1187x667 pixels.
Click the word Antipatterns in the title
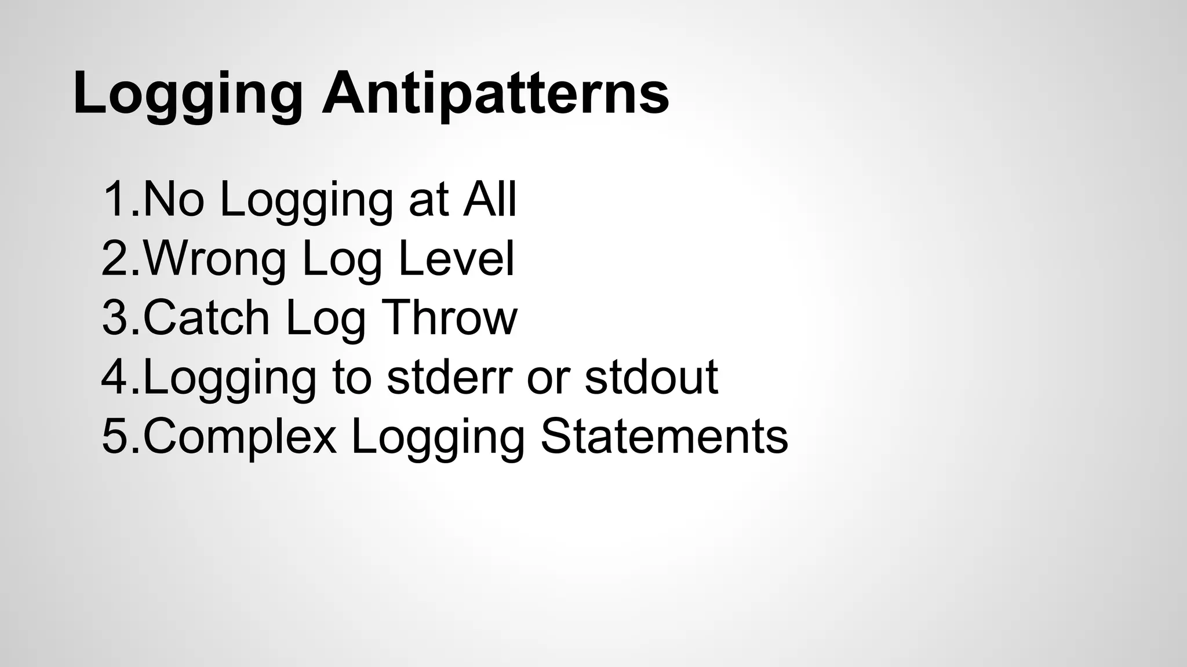click(496, 93)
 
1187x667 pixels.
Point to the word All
click(489, 200)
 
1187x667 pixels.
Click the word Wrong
click(214, 259)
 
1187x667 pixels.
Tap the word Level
click(456, 259)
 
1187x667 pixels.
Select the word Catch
click(206, 318)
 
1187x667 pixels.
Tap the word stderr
click(449, 377)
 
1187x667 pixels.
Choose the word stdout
click(651, 377)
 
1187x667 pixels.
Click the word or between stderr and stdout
click(548, 377)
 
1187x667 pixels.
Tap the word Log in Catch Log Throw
click(326, 318)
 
